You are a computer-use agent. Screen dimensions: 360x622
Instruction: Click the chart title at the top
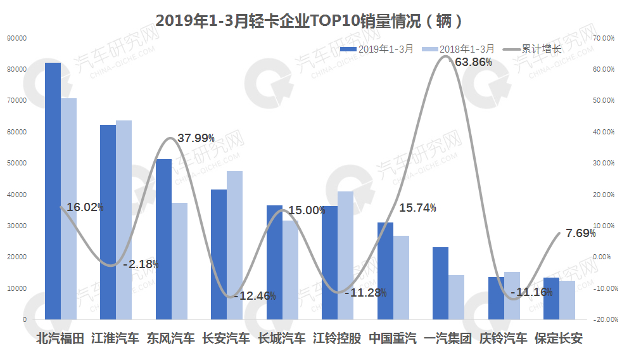pos(310,20)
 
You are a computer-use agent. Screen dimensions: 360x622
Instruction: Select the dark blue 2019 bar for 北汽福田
pos(53,190)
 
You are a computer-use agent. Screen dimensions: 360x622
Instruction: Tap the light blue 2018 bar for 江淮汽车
pos(124,219)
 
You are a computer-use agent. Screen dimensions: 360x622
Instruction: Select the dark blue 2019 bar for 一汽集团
pos(440,283)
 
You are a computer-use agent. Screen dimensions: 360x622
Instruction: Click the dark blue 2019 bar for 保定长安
pos(551,298)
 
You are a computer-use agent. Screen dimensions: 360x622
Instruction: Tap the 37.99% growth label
pos(196,138)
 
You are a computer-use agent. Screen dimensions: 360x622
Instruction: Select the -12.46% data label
pos(255,295)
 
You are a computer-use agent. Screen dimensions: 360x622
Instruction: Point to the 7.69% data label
pos(580,233)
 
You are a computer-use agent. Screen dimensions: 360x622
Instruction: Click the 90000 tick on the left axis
pos(16,38)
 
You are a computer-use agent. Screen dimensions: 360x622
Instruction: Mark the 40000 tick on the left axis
pos(16,195)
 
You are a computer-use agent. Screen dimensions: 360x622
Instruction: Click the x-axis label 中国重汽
pos(393,338)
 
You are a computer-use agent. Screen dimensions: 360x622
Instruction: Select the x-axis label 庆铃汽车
pos(504,338)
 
